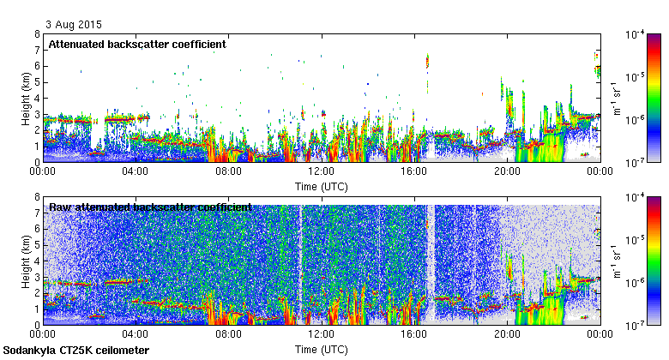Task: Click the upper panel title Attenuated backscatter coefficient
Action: coord(137,44)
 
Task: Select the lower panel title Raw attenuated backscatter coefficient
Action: coord(150,207)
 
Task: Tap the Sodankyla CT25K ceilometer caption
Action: coord(76,351)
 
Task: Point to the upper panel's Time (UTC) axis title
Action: coord(321,186)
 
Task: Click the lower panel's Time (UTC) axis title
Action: coord(321,350)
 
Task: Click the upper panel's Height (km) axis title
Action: coord(26,98)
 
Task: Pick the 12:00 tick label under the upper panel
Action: coord(321,171)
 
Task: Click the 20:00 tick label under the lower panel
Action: coord(507,334)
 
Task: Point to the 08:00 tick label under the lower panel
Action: coord(228,334)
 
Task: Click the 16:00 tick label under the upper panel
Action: coord(414,171)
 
